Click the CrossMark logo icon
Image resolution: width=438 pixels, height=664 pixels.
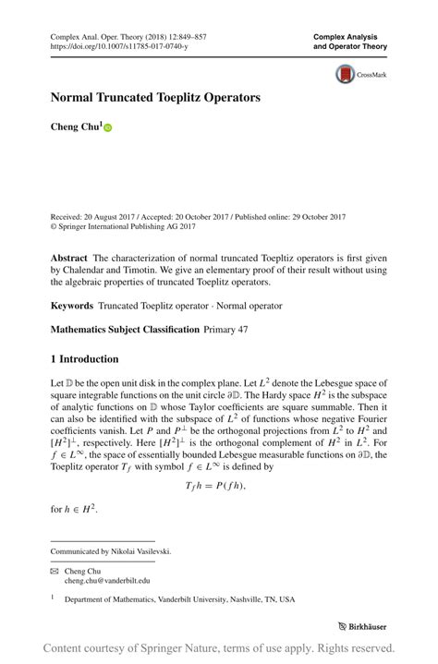point(345,75)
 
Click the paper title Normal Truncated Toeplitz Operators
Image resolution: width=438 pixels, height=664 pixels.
point(155,96)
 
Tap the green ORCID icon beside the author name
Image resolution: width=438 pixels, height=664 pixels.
point(107,128)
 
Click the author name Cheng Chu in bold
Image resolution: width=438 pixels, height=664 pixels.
point(76,127)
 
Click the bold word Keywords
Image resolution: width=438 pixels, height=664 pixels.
point(72,305)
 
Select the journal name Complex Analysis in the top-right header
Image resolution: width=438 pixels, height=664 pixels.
point(351,36)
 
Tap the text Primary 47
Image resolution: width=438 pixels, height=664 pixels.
point(227,329)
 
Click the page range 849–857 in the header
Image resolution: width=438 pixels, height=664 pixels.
point(189,36)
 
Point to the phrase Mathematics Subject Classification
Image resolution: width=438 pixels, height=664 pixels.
point(125,329)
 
